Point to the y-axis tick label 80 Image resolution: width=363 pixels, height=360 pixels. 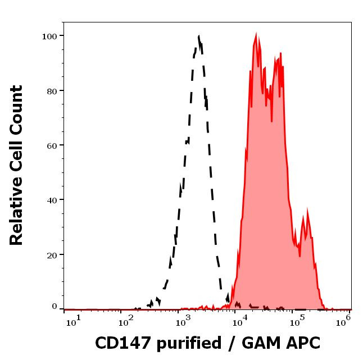point(51,90)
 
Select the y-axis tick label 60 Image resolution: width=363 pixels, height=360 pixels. point(51,145)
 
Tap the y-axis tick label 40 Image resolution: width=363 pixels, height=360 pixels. point(51,199)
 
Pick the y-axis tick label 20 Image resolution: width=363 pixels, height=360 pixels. point(51,254)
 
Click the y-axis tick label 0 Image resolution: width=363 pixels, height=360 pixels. point(55,307)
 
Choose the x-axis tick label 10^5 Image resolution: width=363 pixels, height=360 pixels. point(296,320)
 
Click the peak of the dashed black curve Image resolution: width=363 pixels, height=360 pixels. point(199,37)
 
